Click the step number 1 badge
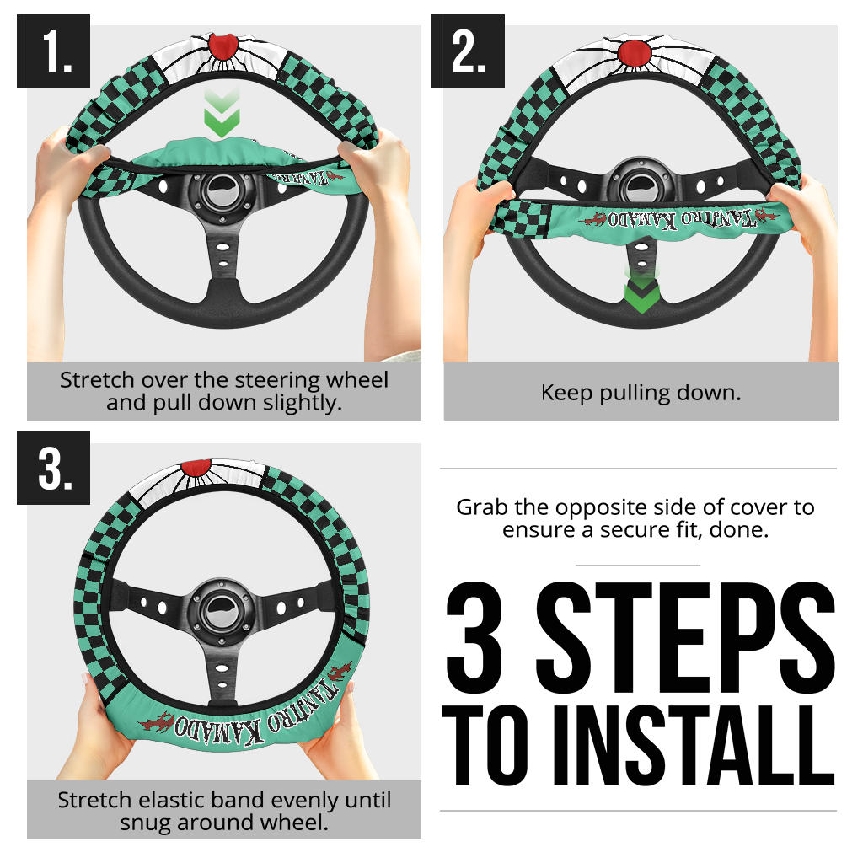(x=53, y=51)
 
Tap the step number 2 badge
(x=468, y=51)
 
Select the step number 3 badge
(x=53, y=468)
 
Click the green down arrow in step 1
(x=222, y=113)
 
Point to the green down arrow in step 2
(x=641, y=291)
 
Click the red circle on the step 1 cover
(x=222, y=46)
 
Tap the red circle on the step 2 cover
(x=635, y=53)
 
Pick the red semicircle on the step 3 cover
(x=196, y=467)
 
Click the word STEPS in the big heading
(x=685, y=637)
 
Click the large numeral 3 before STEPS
(x=474, y=637)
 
